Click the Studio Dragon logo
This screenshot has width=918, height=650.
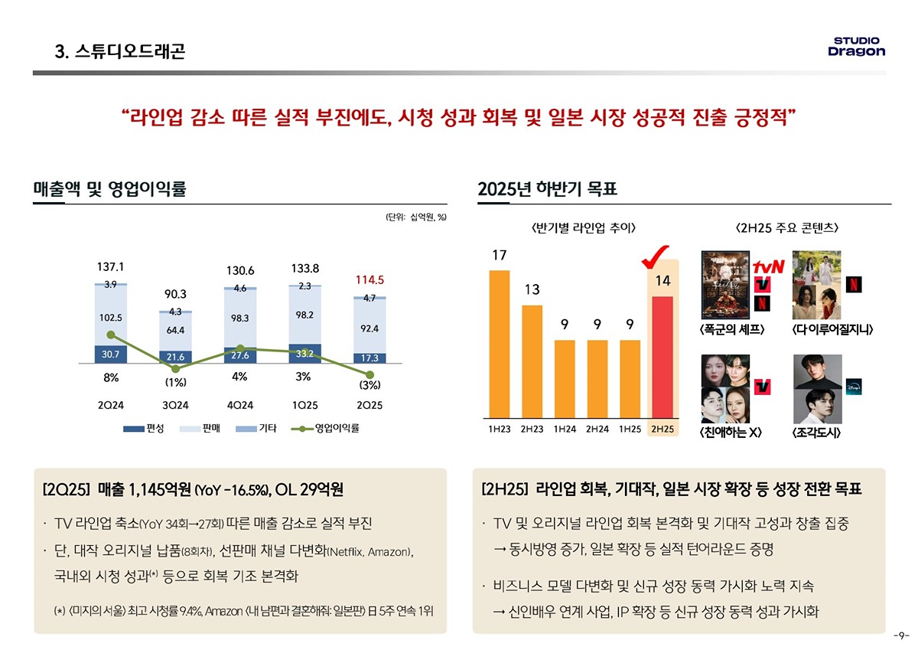click(x=856, y=46)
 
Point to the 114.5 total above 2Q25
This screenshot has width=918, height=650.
click(x=369, y=280)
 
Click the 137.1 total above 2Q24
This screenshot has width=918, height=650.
click(x=111, y=267)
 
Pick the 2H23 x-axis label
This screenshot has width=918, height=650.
click(x=532, y=430)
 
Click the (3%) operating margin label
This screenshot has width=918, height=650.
click(x=369, y=384)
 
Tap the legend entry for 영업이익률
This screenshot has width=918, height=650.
click(x=327, y=428)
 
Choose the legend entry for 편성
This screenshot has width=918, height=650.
click(x=145, y=428)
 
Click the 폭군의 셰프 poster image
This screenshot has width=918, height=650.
click(x=727, y=286)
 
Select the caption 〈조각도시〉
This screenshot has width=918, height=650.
click(x=817, y=433)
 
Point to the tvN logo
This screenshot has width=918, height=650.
click(x=769, y=267)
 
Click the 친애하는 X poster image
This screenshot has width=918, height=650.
click(x=725, y=388)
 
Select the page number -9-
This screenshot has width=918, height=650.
click(x=900, y=636)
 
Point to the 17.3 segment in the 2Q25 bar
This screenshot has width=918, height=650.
click(x=369, y=358)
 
